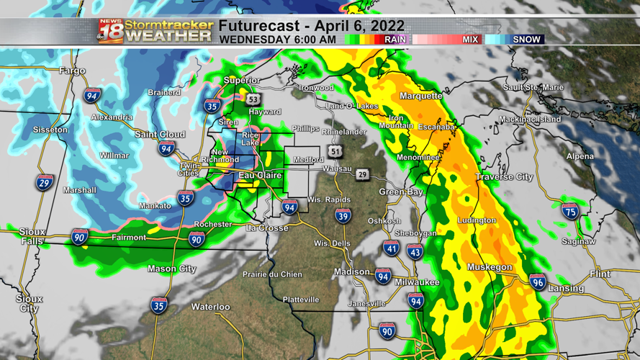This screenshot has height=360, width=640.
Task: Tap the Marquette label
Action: (x=420, y=96)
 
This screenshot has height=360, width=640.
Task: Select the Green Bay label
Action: (x=401, y=192)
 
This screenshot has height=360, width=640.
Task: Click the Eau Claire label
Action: (x=260, y=175)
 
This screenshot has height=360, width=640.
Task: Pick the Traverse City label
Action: (x=504, y=176)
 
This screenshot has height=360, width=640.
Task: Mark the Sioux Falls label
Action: (x=32, y=237)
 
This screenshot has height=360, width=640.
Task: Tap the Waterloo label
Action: (x=210, y=307)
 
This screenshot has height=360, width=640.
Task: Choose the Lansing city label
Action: (x=566, y=289)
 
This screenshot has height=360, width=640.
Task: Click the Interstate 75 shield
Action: (x=571, y=211)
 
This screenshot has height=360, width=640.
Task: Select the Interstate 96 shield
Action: (x=537, y=282)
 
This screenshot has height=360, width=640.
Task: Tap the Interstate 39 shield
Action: (x=343, y=216)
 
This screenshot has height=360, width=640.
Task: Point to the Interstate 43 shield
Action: (x=415, y=252)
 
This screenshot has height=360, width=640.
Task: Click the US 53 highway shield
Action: (x=252, y=99)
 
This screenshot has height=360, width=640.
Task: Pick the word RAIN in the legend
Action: (x=395, y=40)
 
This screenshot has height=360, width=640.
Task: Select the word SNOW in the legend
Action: (x=526, y=40)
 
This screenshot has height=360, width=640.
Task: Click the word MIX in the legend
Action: (x=471, y=40)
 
